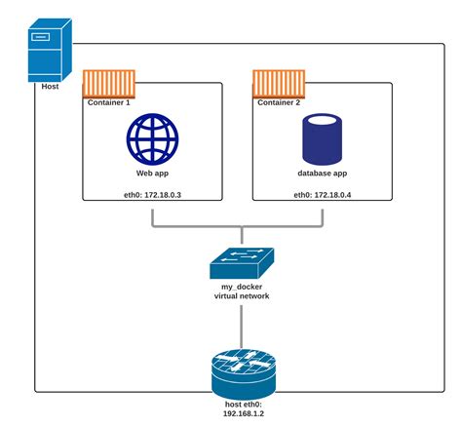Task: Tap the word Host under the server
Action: click(x=50, y=86)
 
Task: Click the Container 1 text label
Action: click(x=110, y=101)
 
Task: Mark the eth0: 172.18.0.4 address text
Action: click(x=323, y=195)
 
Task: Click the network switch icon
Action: click(x=241, y=261)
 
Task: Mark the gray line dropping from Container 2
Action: click(x=322, y=216)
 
